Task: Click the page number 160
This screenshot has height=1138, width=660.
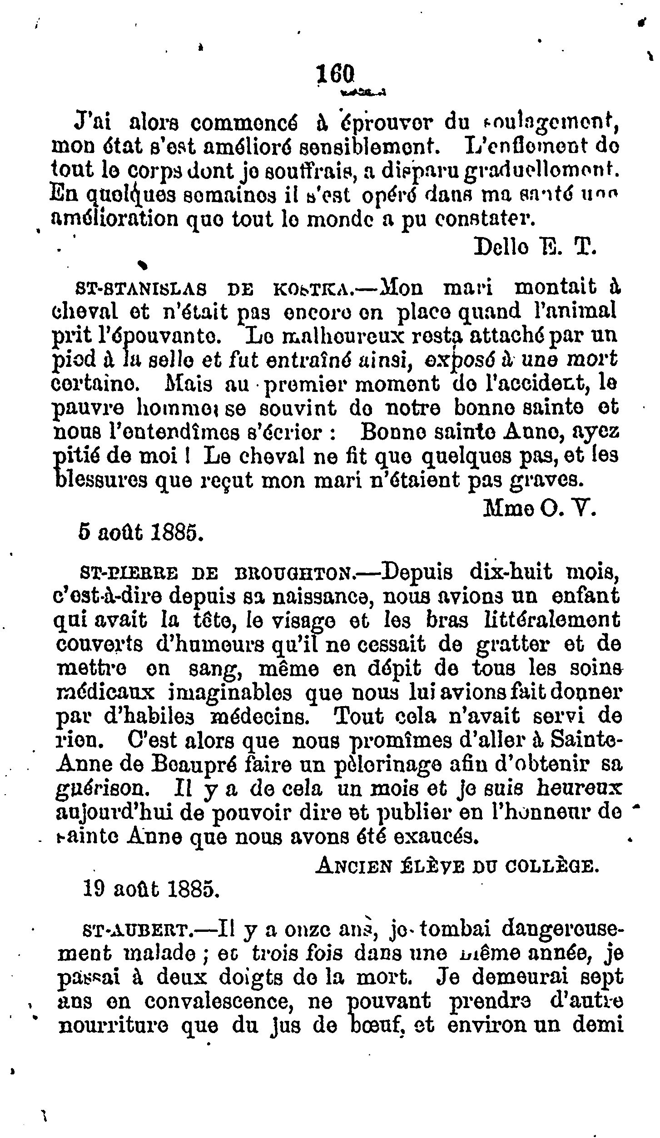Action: [x=335, y=73]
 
